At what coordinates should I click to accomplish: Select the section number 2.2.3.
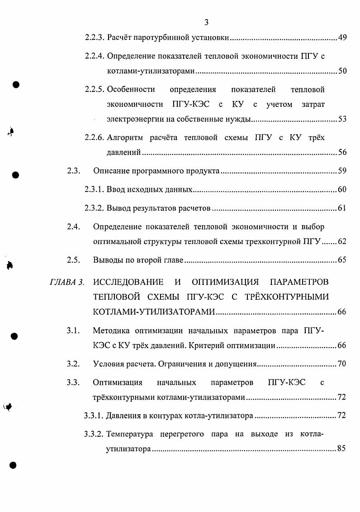(95, 37)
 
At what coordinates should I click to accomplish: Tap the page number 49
(342, 37)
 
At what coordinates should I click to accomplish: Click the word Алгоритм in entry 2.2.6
(125, 137)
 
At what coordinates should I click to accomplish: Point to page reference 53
(342, 120)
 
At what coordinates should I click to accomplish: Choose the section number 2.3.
(73, 171)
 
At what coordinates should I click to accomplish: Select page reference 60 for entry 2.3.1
(342, 190)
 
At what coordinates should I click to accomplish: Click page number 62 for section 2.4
(342, 242)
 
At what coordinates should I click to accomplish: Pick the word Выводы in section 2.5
(106, 260)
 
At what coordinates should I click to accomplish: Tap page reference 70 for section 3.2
(342, 364)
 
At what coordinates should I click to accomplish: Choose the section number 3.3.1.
(95, 416)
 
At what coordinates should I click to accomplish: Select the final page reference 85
(342, 450)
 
